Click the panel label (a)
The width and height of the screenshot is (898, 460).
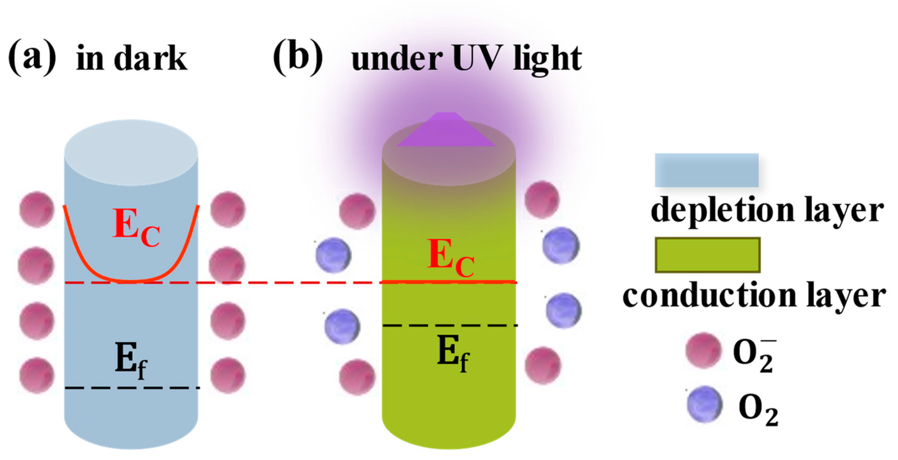tap(32, 57)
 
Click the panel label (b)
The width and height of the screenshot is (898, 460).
tap(298, 57)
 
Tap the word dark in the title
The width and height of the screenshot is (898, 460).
tap(150, 58)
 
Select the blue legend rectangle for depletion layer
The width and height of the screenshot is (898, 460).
tap(706, 170)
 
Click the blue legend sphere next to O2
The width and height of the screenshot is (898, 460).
tap(704, 404)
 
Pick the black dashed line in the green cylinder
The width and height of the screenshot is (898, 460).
tap(450, 325)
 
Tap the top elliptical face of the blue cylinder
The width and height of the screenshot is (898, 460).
tap(131, 153)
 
